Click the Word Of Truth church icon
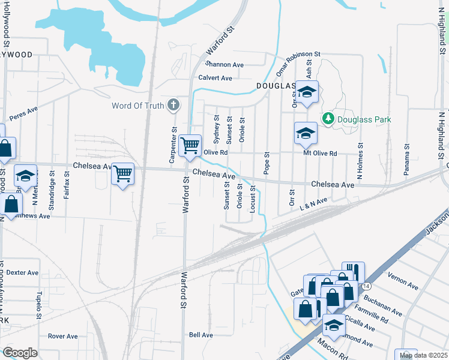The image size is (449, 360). click(173, 106)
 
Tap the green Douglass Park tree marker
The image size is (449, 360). click(328, 119)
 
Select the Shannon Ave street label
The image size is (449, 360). click(224, 64)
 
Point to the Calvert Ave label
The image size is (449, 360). click(215, 78)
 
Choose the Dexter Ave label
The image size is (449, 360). click(22, 272)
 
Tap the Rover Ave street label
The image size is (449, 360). click(64, 336)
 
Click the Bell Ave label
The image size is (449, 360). click(201, 335)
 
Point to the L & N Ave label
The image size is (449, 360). click(314, 204)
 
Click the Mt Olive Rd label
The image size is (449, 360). click(320, 154)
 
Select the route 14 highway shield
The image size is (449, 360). click(366, 287)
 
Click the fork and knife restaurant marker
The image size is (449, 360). click(354, 271)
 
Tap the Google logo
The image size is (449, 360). click(20, 353)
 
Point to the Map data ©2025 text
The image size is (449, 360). click(423, 355)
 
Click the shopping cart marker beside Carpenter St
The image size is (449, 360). click(190, 145)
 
